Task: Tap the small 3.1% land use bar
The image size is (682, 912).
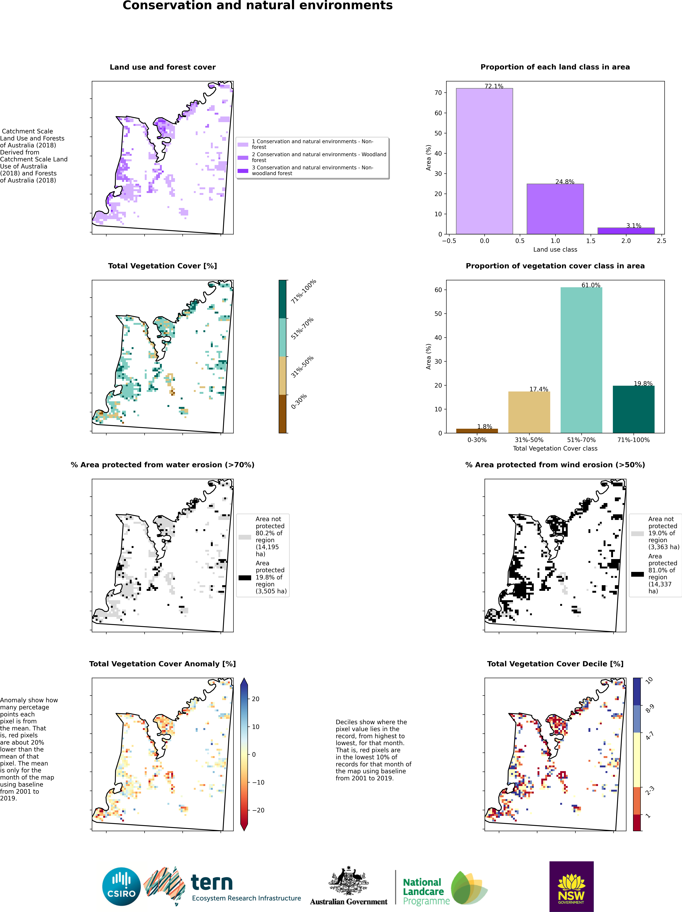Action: [x=626, y=231]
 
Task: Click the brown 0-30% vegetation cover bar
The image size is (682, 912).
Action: [x=477, y=431]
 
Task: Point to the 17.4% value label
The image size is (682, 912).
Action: [x=539, y=389]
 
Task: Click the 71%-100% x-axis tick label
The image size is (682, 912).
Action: [x=633, y=440]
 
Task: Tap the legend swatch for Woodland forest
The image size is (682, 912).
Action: [x=243, y=157]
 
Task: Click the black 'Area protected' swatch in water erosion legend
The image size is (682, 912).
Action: [x=245, y=578]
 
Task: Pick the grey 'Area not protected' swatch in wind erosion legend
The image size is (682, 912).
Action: [x=637, y=534]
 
